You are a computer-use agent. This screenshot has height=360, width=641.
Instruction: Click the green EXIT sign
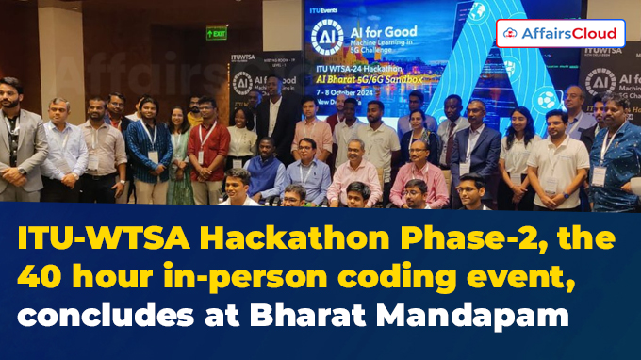[x=217, y=33]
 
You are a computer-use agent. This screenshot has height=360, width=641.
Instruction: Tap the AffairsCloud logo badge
[x=560, y=34]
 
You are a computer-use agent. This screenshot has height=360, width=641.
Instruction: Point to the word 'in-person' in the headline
[x=244, y=275]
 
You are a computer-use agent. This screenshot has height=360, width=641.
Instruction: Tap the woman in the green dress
[x=179, y=155]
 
